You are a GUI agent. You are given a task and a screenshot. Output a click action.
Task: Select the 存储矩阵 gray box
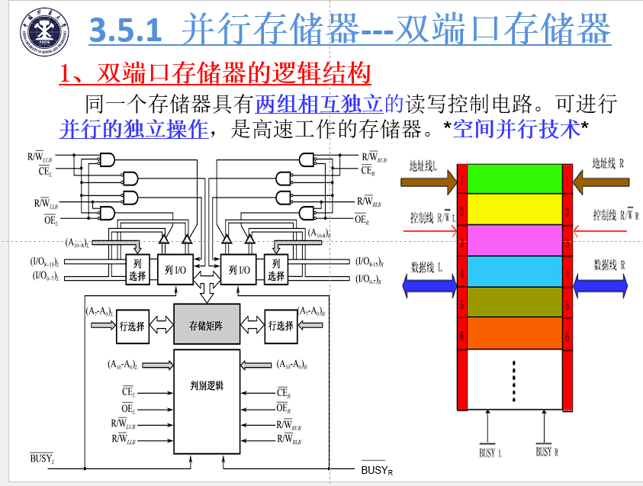[207, 325]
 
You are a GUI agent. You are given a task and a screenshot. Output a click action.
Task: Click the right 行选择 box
[281, 326]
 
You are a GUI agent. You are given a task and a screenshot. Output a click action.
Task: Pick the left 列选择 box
[137, 269]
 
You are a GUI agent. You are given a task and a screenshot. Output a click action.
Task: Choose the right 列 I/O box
[239, 269]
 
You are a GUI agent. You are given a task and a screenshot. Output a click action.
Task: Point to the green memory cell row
[514, 179]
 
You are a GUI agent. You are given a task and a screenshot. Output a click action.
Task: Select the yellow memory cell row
[514, 208]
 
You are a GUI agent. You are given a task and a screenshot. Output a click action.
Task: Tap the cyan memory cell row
[514, 271]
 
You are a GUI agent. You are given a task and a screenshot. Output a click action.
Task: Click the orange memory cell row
[514, 333]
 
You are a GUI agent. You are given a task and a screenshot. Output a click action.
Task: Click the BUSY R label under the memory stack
[548, 452]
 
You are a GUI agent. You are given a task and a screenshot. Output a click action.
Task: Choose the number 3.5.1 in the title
[126, 31]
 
